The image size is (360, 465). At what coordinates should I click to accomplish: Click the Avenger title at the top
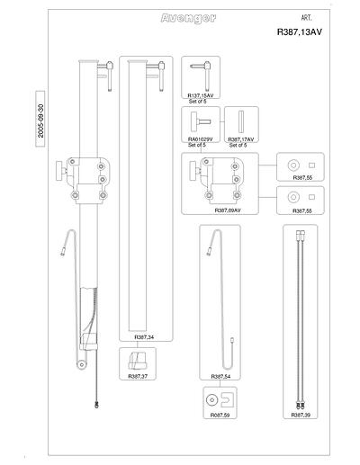tap(188, 19)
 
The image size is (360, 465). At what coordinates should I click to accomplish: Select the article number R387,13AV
tap(300, 32)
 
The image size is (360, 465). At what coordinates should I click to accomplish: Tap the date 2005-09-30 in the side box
tap(40, 121)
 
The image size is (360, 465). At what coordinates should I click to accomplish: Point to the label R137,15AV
tap(201, 95)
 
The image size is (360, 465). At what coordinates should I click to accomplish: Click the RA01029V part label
tap(200, 139)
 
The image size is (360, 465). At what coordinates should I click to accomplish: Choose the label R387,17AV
tap(241, 139)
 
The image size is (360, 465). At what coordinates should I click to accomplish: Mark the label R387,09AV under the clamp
tap(228, 210)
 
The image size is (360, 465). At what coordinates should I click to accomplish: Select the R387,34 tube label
tap(144, 337)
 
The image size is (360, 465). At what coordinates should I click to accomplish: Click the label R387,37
tap(138, 376)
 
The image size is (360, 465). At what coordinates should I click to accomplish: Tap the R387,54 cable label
tap(220, 377)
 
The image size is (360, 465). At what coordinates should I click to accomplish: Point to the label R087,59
tap(220, 416)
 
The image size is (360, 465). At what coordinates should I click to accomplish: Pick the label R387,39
tap(301, 416)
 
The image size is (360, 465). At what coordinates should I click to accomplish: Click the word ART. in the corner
tap(306, 18)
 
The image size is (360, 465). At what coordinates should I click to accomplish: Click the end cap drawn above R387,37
tap(137, 361)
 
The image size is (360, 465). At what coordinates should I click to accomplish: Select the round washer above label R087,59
tap(211, 400)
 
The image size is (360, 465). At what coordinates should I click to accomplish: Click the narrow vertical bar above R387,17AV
tap(241, 121)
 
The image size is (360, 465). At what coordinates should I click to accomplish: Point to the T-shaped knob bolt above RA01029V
tap(199, 122)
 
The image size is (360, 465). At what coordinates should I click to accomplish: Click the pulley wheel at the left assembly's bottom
tap(81, 364)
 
